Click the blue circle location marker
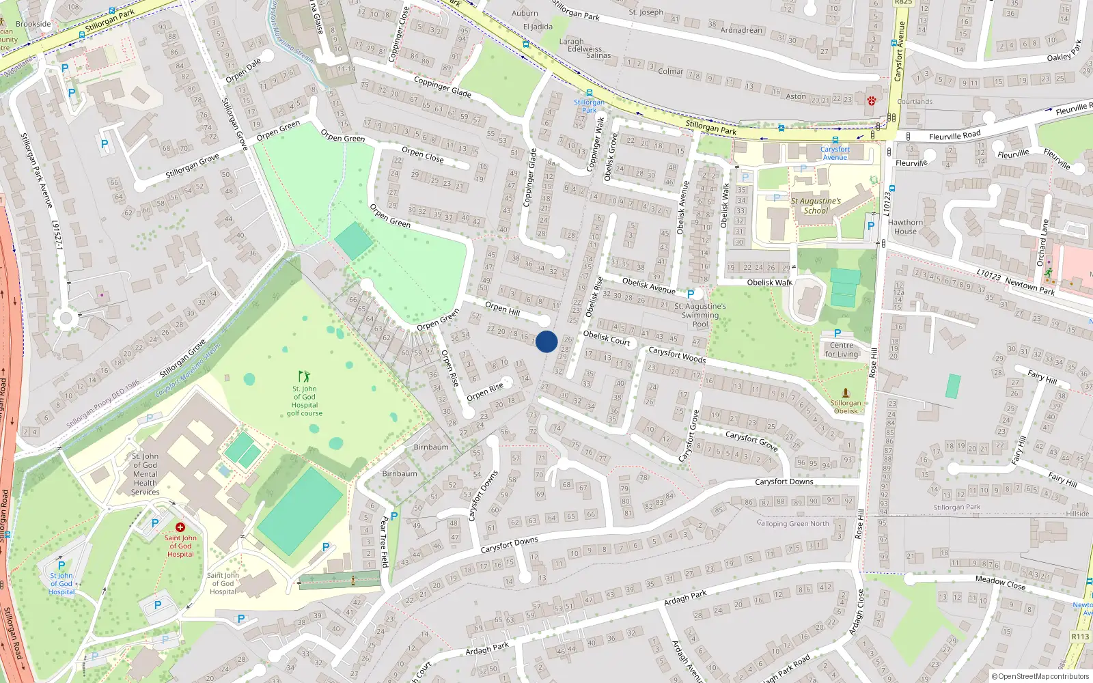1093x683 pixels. coord(546,341)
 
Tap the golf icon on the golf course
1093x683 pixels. coord(304,376)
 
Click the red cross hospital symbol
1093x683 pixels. coord(180,527)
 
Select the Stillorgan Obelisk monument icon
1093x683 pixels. coord(846,393)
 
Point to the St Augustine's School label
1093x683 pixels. coord(816,206)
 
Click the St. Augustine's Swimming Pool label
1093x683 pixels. coord(700,315)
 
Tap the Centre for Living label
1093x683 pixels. coord(841,350)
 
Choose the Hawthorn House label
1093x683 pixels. coord(906,227)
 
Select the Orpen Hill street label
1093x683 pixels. coord(502,308)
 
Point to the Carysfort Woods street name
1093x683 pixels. coord(677,354)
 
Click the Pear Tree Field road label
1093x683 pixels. coord(383,542)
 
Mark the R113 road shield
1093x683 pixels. coord(1080,637)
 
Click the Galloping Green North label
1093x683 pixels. coord(792,524)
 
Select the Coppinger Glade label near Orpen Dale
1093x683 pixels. coord(442,86)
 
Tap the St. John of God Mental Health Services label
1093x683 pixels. coord(145,474)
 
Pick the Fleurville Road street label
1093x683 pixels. coord(954,136)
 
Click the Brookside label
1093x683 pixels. coord(33,24)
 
